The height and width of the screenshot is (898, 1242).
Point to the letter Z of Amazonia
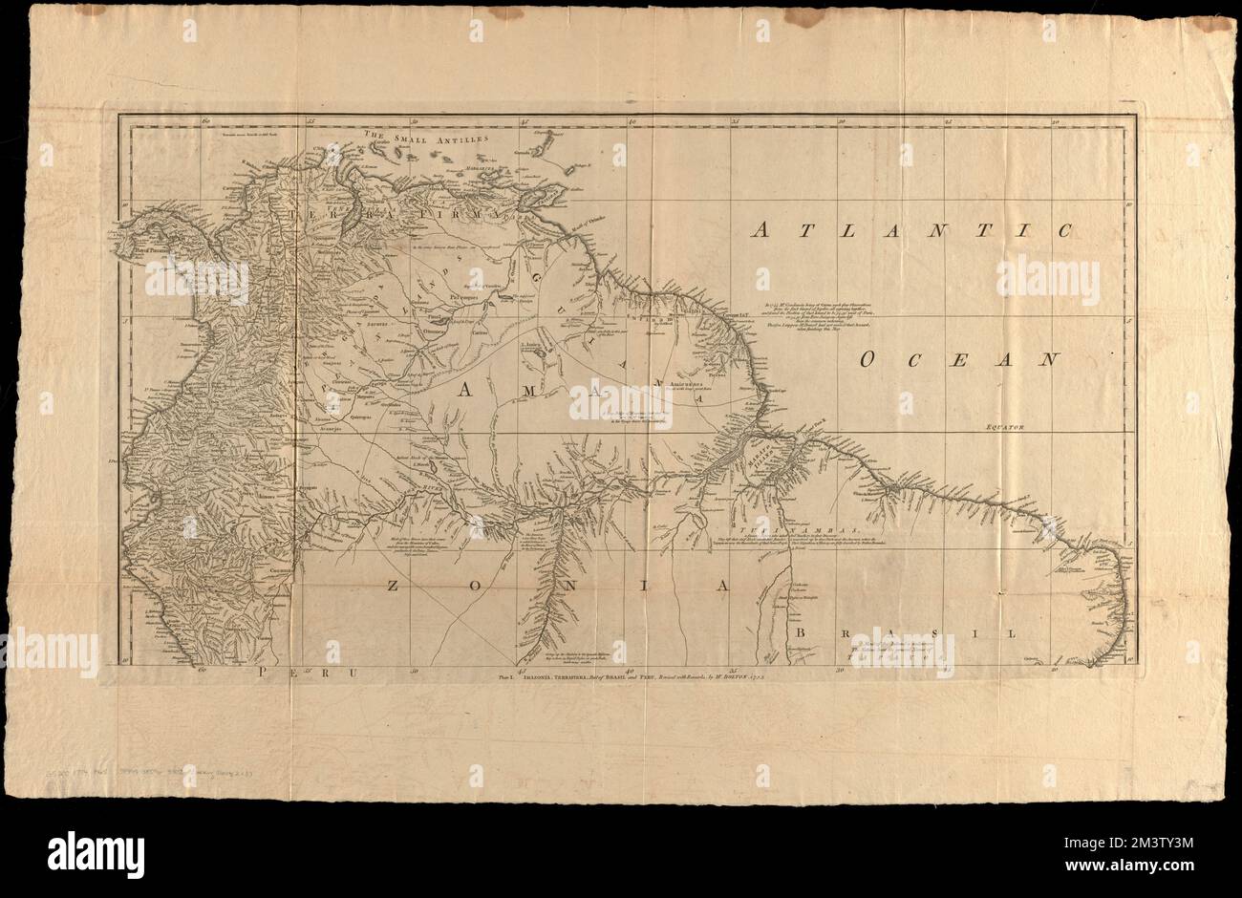(x=395, y=586)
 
